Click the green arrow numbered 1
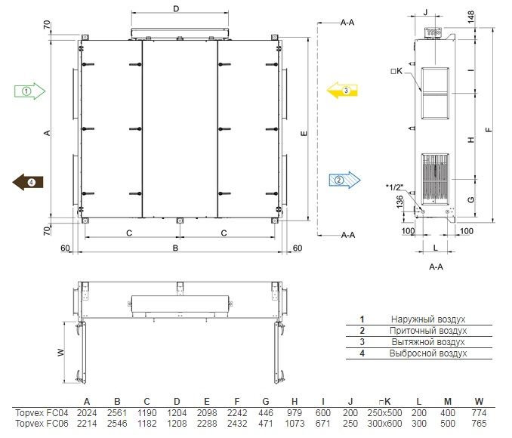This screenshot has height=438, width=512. pos(29,91)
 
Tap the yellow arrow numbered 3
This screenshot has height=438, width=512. pos(342,91)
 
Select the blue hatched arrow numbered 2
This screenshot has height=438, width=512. pos(345,180)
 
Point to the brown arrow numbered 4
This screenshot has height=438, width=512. pos(28,182)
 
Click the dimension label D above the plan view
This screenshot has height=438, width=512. pos(176,8)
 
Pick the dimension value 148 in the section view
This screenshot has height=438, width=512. pos(471,17)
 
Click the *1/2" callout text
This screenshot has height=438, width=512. pos(394,187)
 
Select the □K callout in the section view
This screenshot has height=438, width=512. pos(396,71)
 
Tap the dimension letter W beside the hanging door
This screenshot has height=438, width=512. pos(61,353)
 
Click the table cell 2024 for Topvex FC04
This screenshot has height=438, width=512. pos(87,413)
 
